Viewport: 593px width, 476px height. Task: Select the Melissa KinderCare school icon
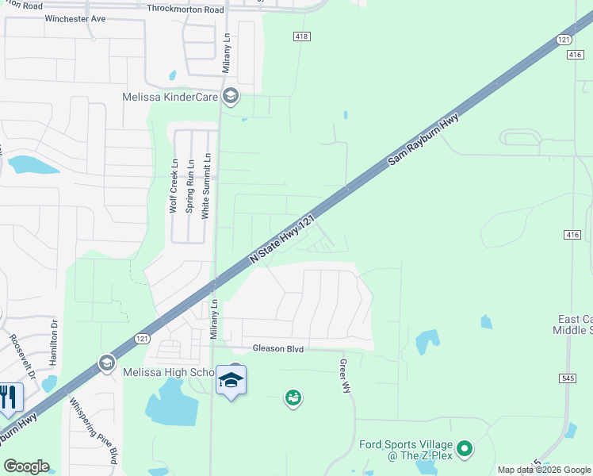[x=231, y=98]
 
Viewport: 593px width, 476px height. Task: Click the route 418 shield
[x=302, y=36]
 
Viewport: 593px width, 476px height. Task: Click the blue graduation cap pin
[x=231, y=381]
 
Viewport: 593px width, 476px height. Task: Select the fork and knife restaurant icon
[x=9, y=397]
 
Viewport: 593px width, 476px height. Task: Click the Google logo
[x=26, y=466]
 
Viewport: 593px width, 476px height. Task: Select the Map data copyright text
[x=543, y=470]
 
